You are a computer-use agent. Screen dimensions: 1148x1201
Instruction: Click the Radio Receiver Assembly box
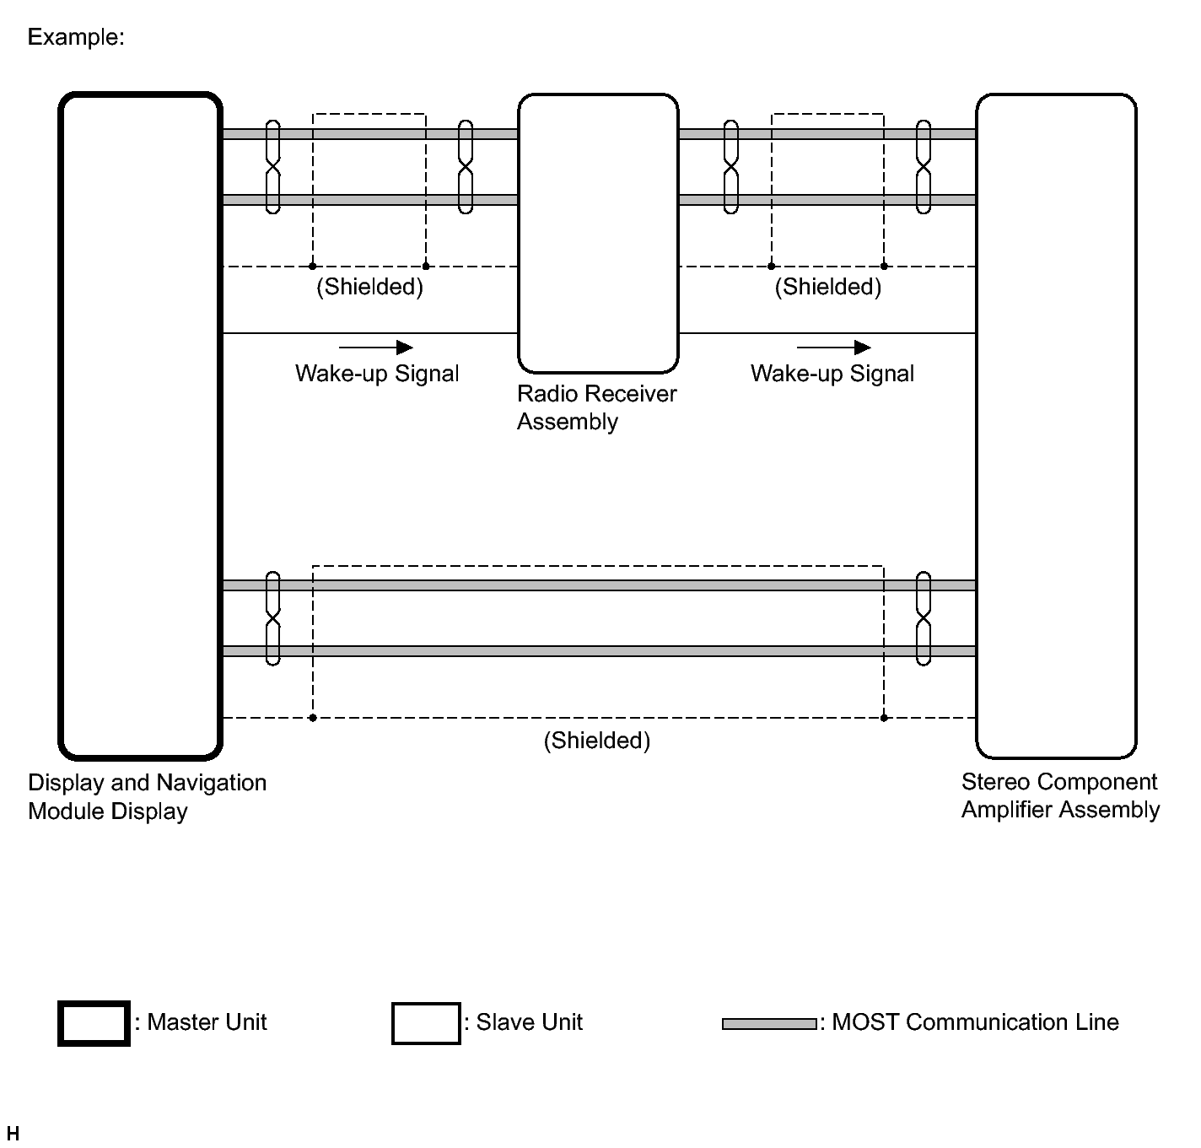click(x=598, y=233)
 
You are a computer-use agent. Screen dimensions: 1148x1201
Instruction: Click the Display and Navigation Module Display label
click(x=147, y=796)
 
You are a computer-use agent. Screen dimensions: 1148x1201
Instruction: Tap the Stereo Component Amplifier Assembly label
click(x=1060, y=795)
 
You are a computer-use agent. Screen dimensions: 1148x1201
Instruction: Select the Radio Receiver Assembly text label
click(x=596, y=407)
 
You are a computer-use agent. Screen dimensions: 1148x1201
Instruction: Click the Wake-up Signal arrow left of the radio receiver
click(x=375, y=348)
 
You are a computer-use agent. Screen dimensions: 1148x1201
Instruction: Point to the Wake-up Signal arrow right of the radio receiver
click(x=833, y=348)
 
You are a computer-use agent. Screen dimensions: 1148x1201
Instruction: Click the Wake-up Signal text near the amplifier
click(x=832, y=374)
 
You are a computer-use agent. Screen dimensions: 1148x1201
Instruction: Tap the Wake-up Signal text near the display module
click(x=377, y=374)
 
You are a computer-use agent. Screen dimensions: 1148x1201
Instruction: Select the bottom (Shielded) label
click(x=596, y=741)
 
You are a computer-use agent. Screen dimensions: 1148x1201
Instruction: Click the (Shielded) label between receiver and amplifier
click(x=827, y=287)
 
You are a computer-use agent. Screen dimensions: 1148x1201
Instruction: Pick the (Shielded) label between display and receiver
click(x=369, y=287)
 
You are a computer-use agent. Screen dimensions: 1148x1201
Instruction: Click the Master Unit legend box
click(x=94, y=1023)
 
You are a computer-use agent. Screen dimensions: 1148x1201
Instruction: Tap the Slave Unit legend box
click(x=426, y=1023)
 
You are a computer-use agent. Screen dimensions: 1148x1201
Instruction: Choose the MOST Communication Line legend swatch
click(x=769, y=1024)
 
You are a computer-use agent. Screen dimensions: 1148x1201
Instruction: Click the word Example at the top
click(x=76, y=37)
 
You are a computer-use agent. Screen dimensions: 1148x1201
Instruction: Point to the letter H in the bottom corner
click(x=13, y=1133)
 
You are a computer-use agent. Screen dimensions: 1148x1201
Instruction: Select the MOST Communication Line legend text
click(x=974, y=1022)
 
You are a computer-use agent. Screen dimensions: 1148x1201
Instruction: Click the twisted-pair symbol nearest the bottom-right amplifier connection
click(x=924, y=618)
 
